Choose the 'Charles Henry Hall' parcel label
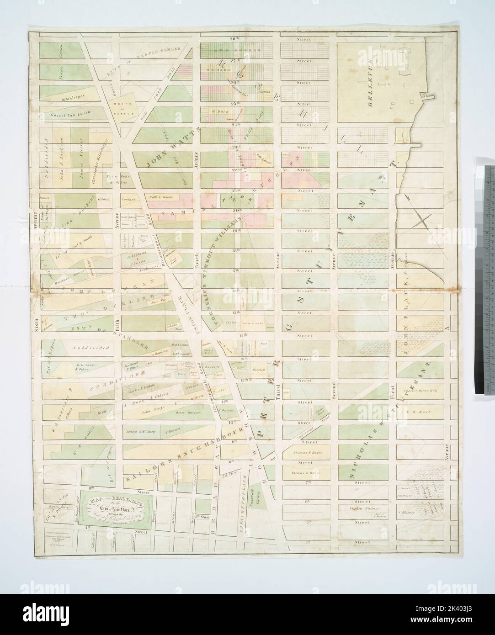[418, 391]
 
